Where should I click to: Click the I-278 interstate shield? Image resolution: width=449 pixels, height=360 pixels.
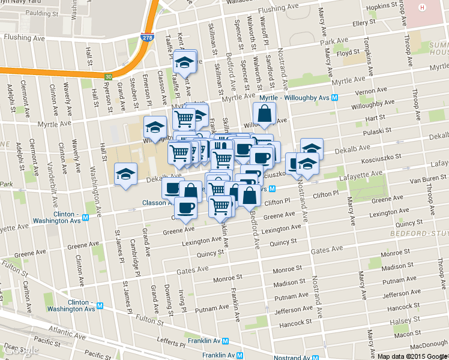(146, 37)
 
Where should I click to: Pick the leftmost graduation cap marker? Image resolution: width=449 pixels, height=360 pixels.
(125, 175)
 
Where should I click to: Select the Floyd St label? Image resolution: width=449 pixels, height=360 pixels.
(348, 54)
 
